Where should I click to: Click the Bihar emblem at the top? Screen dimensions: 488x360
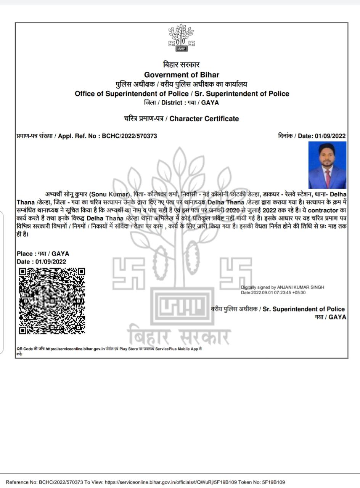(x=182, y=38)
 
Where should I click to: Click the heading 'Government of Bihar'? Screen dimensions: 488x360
(x=182, y=75)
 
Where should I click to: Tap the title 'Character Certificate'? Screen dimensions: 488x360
(x=204, y=119)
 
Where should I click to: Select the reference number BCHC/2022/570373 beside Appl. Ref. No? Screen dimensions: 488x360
(x=129, y=136)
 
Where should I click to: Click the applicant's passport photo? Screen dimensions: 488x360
(x=327, y=165)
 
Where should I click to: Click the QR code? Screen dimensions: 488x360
(x=52, y=301)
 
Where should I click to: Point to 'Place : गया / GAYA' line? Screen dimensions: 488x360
(x=43, y=254)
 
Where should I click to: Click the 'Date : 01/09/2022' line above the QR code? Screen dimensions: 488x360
(x=41, y=262)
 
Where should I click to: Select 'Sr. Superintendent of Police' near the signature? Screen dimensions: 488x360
(x=304, y=309)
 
